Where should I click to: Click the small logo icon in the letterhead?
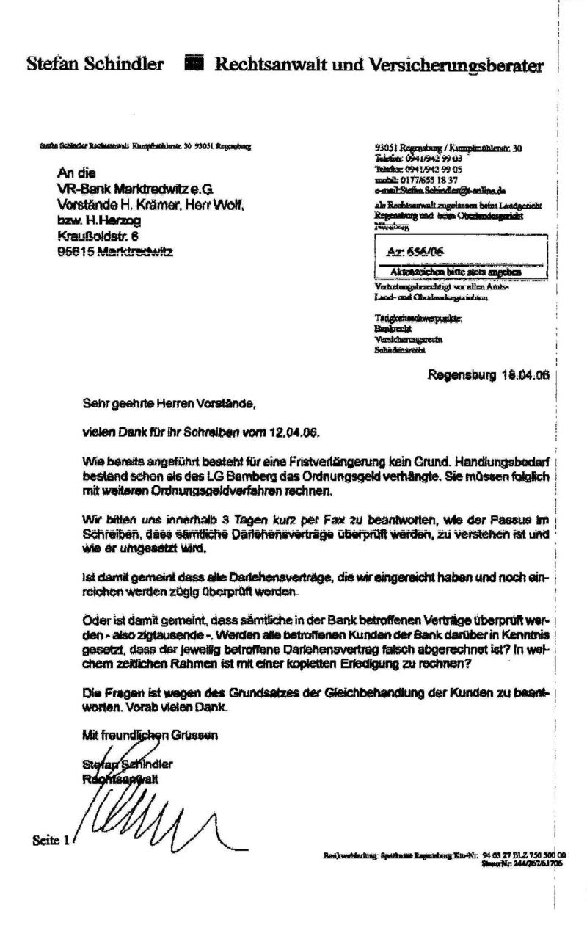tap(193, 64)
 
